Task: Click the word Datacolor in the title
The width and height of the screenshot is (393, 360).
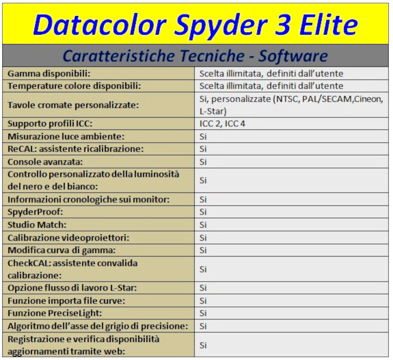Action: pos(100,24)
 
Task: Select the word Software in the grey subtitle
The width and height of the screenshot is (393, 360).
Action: pos(293,55)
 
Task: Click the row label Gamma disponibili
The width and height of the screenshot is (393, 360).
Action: pos(49,74)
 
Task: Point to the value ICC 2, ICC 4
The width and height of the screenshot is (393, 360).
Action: pos(222,124)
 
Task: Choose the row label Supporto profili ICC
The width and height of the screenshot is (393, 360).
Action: pos(50,124)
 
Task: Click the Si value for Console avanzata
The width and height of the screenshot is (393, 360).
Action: pos(203,162)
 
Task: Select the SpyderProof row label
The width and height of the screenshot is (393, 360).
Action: pos(35,212)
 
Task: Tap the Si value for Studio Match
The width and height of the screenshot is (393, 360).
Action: pos(203,225)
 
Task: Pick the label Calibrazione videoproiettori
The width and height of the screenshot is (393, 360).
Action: pos(68,238)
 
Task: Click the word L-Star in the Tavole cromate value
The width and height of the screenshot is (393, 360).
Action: pos(213,111)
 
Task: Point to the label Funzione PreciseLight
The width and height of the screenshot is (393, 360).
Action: pos(55,313)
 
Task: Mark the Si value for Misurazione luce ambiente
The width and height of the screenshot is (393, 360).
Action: pos(203,137)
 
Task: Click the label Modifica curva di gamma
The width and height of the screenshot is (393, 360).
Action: pos(62,250)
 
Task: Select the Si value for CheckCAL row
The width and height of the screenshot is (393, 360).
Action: pos(203,269)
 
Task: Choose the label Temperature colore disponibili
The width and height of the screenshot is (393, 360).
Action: pos(74,86)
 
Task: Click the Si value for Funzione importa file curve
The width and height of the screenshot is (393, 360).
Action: pos(203,301)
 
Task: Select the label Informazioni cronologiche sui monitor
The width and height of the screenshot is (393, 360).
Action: pos(89,200)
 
